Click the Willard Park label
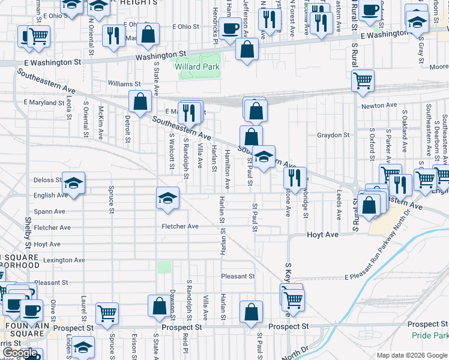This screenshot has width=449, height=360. point(197,67)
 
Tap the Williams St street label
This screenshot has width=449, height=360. point(124,85)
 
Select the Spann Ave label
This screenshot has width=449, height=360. point(49,212)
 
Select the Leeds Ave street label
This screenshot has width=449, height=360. point(339,205)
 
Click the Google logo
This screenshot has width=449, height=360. point(20,353)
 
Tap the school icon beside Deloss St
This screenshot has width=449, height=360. point(73,183)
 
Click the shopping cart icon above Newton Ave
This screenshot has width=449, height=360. point(363,80)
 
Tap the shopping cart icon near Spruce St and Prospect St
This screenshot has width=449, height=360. point(107,313)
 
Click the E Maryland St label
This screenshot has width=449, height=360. point(44,103)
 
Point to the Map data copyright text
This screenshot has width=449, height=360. point(411,355)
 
